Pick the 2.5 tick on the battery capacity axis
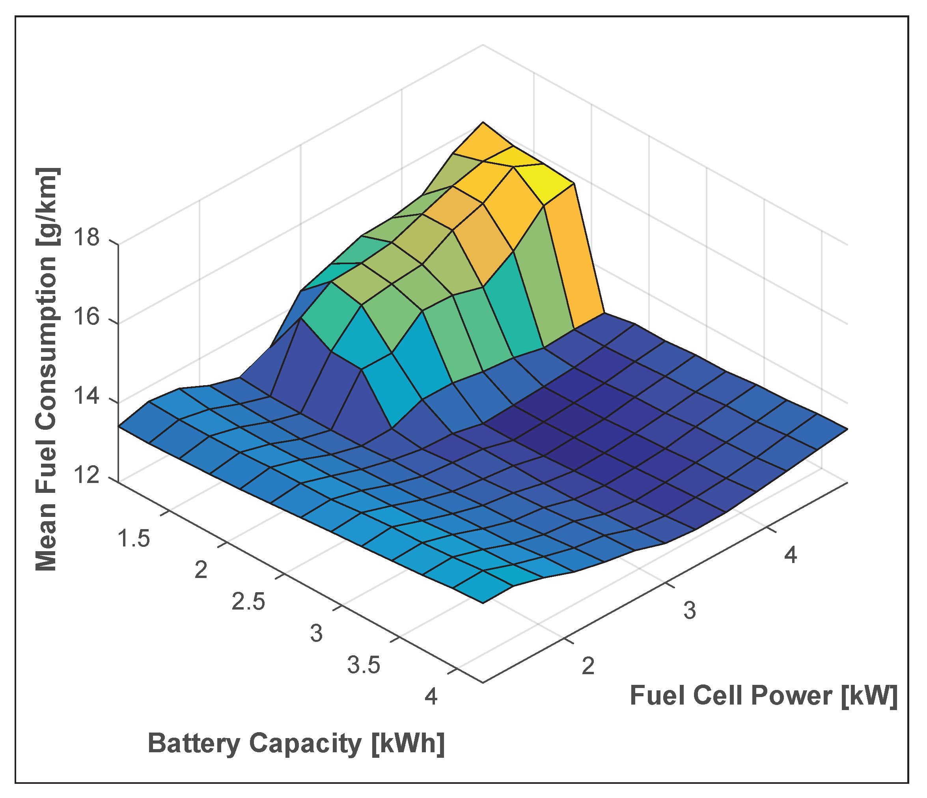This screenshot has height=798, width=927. [249, 602]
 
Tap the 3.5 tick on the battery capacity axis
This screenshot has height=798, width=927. [364, 665]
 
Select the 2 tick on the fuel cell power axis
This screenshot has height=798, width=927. [588, 666]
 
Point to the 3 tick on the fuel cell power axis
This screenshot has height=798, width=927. [689, 611]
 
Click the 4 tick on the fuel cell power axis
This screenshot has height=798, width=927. [791, 555]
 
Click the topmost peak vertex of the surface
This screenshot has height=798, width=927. [483, 122]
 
